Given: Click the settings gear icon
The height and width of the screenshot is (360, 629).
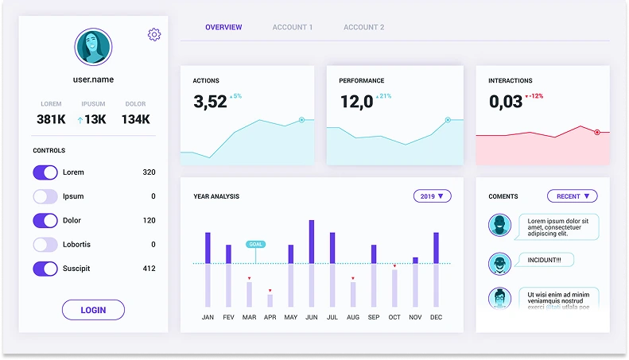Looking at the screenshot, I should [x=154, y=34].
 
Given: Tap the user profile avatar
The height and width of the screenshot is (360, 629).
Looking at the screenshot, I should [x=93, y=48].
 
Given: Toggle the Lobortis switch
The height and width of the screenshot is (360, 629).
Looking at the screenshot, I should [x=45, y=245].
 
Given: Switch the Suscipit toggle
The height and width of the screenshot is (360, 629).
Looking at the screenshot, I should [x=45, y=269].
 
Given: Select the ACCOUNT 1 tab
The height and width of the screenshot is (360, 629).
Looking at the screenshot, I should [x=293, y=28].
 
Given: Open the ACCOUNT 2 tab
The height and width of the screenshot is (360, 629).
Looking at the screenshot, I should [x=363, y=28].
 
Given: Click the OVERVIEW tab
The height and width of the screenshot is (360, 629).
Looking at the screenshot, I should [x=223, y=28].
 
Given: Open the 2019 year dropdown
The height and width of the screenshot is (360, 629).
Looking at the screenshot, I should [x=433, y=195].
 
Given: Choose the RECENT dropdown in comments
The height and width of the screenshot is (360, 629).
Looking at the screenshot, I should [x=573, y=195].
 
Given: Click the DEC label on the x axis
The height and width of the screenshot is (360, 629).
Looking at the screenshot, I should [x=436, y=317].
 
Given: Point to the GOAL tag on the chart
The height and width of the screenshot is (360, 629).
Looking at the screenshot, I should [x=255, y=244].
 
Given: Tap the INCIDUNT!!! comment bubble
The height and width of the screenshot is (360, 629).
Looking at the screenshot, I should [x=545, y=260].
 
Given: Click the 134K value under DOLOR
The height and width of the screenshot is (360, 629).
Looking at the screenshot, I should [x=135, y=119].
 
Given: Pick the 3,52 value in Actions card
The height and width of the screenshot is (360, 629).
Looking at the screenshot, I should [x=210, y=102].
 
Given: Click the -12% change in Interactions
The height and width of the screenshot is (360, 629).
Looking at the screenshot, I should [x=534, y=96].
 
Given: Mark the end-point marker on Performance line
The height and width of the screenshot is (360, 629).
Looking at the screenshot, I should [x=448, y=120].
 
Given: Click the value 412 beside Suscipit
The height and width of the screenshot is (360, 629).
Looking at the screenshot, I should [x=149, y=269].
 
